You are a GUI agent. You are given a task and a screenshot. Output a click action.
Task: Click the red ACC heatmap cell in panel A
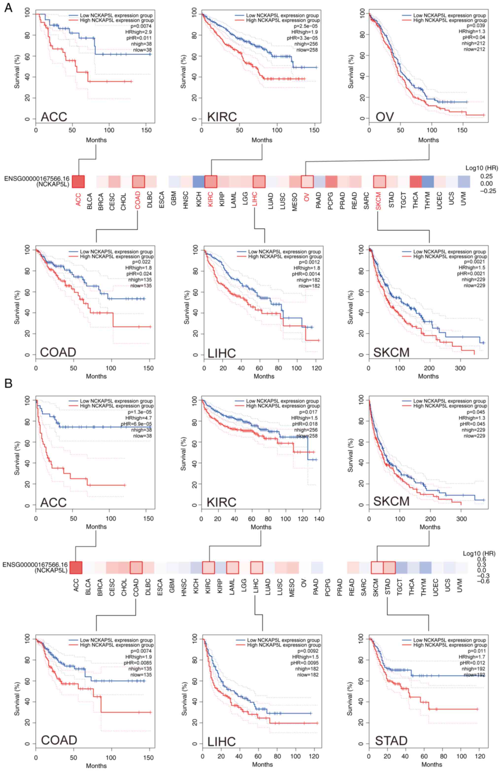(x=78, y=182)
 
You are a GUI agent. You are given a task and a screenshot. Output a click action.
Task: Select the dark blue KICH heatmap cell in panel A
(x=198, y=182)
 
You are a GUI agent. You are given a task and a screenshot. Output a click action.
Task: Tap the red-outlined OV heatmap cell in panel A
(x=307, y=182)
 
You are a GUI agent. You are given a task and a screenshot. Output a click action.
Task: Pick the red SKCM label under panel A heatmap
(x=378, y=201)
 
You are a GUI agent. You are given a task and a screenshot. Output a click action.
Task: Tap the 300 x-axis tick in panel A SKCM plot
(x=460, y=368)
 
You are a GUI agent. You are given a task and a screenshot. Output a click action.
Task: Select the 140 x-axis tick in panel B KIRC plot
(x=319, y=519)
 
